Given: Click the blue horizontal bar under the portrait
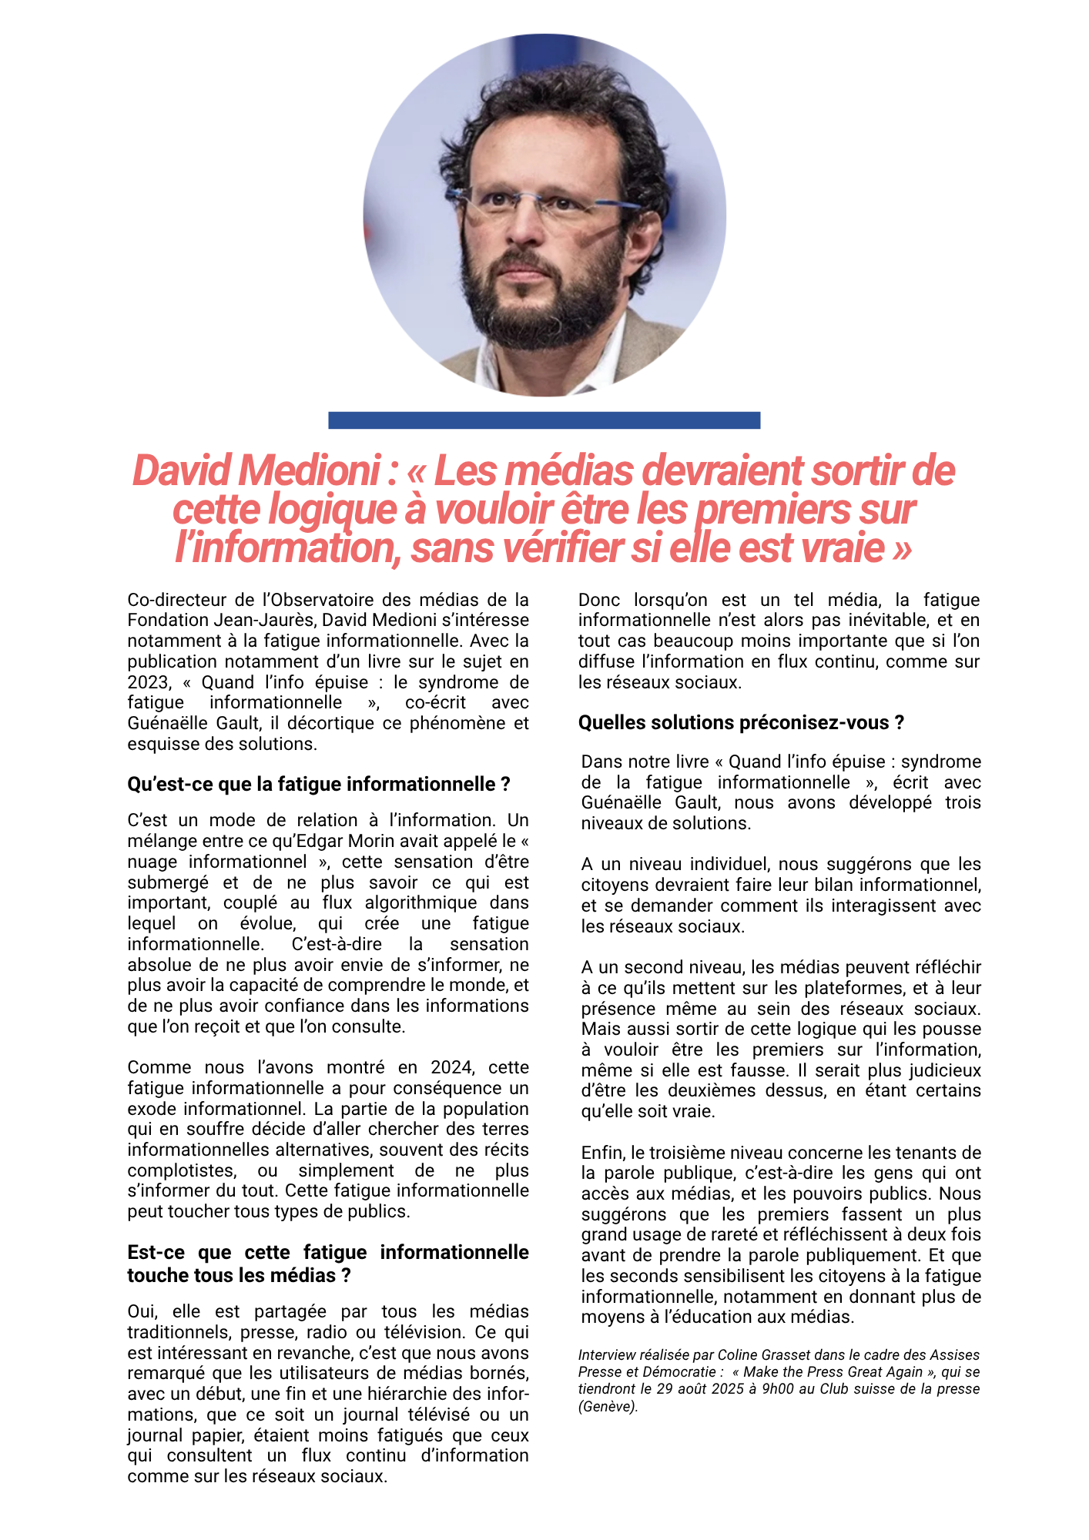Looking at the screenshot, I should pos(544,420).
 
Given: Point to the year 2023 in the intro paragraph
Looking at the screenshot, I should pos(148,682).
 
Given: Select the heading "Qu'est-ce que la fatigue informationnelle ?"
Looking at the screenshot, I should pos(318,784).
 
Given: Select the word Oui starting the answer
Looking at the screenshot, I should pos(142,1311).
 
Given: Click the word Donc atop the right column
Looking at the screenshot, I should pos(599,600).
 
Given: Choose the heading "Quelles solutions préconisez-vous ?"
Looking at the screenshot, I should pos(741,722).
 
